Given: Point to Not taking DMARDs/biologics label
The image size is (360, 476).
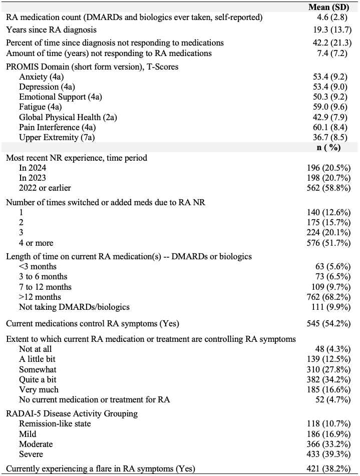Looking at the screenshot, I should coord(74,307).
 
